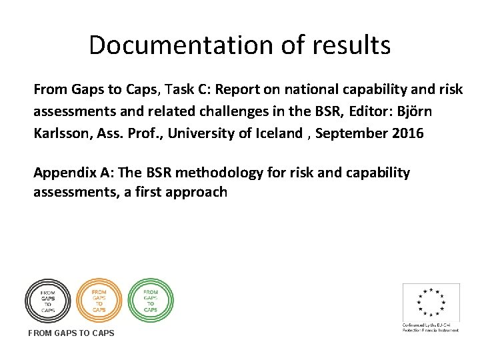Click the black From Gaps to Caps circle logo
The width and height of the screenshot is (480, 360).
[x=47, y=300]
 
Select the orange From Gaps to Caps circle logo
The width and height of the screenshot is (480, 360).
[x=99, y=300]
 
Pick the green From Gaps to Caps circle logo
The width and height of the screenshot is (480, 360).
[x=150, y=300]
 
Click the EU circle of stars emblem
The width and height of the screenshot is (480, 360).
[x=431, y=302]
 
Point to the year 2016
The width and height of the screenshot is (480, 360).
[x=407, y=133]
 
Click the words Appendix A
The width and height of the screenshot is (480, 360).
[x=64, y=173]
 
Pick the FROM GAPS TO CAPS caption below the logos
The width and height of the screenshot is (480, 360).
[x=71, y=333]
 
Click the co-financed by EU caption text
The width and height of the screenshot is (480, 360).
[x=430, y=327]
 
